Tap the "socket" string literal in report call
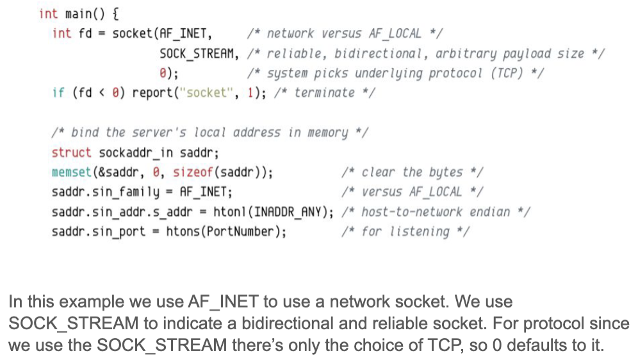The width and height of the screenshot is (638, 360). (207, 93)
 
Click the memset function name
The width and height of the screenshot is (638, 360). (72, 172)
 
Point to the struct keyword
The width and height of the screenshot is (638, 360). (72, 152)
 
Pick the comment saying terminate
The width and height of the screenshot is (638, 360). (324, 93)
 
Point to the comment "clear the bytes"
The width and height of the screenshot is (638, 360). (413, 172)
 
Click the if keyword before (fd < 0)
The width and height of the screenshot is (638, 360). (58, 93)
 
